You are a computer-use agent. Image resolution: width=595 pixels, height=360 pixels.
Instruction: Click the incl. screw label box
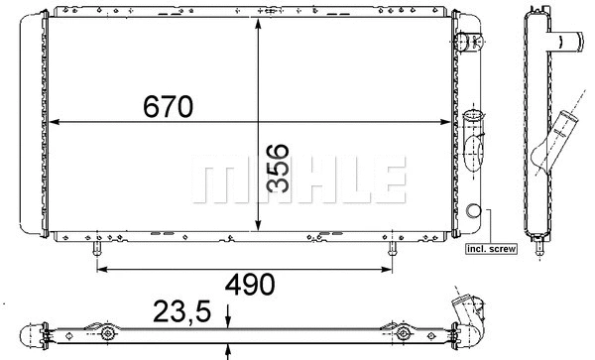(x=491, y=249)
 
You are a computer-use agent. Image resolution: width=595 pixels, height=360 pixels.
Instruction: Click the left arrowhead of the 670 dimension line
(x=54, y=123)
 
